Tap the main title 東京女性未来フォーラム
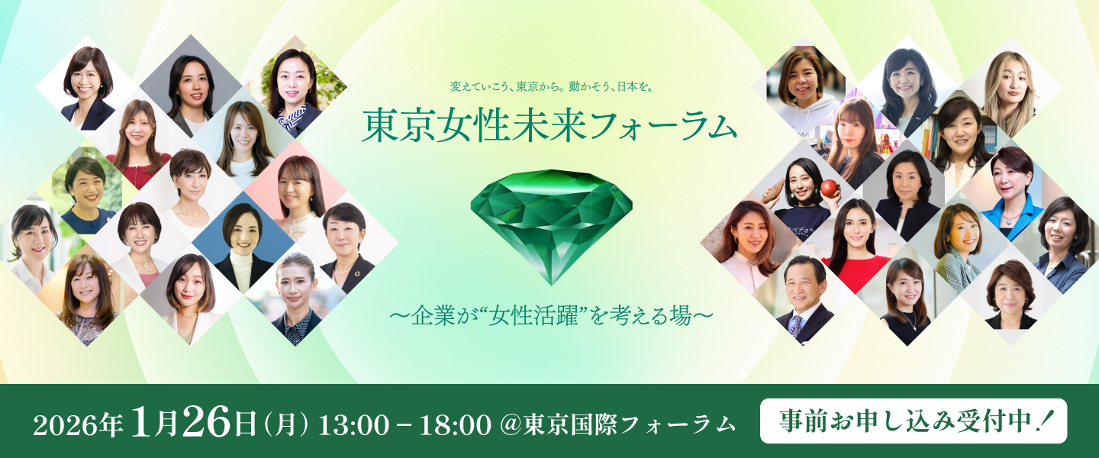tap(549, 124)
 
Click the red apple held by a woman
tap(830, 189)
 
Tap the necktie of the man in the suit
tap(796, 325)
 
